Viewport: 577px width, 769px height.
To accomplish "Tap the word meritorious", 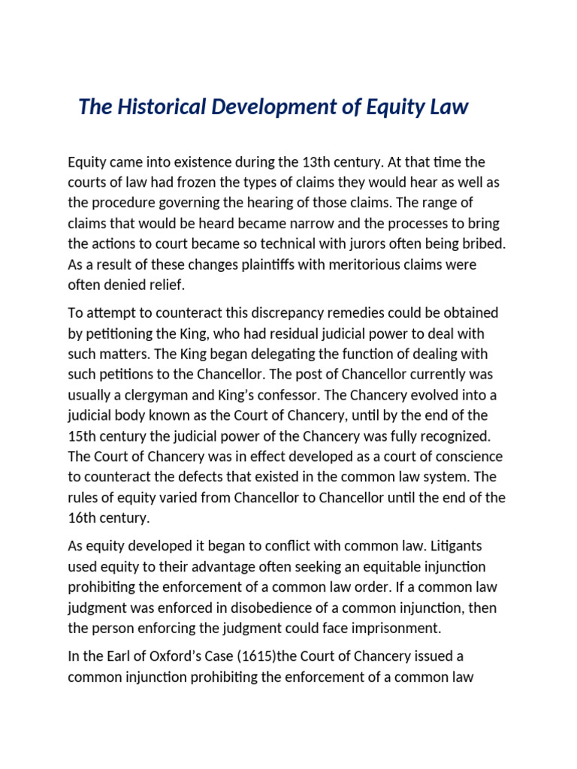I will [x=340, y=264].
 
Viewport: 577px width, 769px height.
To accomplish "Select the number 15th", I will [x=80, y=436].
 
